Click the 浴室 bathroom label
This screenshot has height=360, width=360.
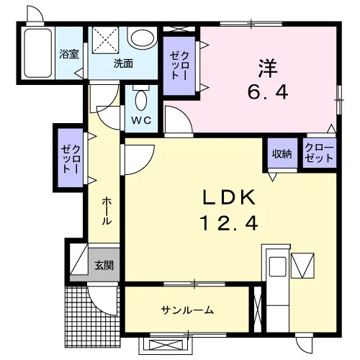point(69,54)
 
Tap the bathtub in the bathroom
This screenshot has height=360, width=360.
point(38,53)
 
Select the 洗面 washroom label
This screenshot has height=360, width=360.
point(123,63)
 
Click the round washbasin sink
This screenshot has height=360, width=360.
point(142,38)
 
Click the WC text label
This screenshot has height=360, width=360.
point(141,120)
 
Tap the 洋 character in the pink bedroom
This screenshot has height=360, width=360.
point(268,68)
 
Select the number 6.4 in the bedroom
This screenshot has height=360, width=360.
point(268,92)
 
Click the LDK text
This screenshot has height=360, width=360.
point(229,197)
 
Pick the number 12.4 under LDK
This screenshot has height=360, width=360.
point(230,223)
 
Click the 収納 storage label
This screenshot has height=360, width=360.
point(282,153)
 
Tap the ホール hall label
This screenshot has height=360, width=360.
point(107,211)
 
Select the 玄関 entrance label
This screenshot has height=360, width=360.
point(104,265)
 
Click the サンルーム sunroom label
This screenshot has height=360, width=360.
point(187,310)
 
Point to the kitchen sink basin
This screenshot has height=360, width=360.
point(278,266)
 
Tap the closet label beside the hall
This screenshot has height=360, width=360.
point(71,158)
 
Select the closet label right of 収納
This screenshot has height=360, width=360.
point(319,153)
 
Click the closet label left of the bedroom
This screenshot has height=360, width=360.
point(179,66)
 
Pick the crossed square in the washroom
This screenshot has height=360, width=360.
point(106,40)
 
